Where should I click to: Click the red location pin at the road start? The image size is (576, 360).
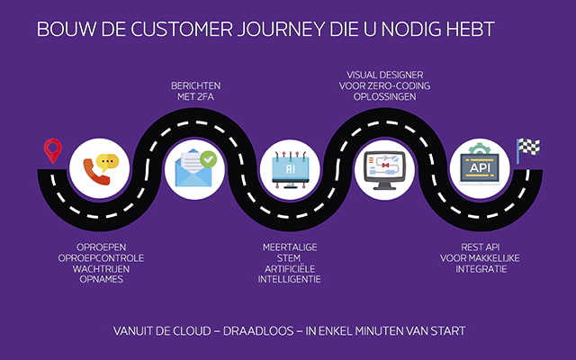coord(53,149)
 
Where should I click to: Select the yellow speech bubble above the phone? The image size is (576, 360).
coord(109,162)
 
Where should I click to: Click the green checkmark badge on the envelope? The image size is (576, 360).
coord(209,159)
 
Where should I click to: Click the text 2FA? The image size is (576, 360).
coord(209,98)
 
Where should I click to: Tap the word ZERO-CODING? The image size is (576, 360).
coord(404,85)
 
